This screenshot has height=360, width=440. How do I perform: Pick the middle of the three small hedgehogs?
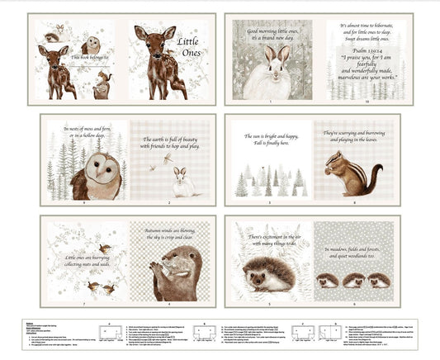(x=356, y=281)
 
